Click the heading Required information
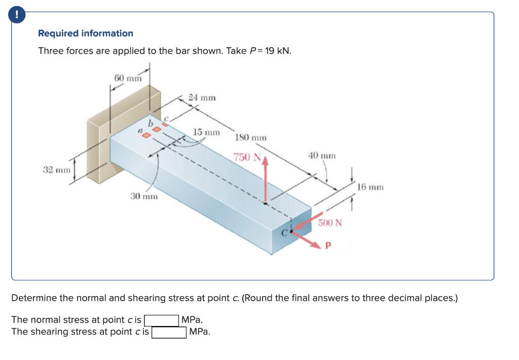pos(86,33)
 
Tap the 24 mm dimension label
pos(202,97)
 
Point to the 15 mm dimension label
pos(207,132)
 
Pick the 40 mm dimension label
pos(321,156)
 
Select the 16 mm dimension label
pos(370,187)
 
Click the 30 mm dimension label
pos(143,196)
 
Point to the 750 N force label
pos(246,157)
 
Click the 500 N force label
pos(330,223)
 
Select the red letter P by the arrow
pos(328,246)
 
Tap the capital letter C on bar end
pos(285,234)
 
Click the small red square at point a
pos(146,136)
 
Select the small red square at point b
pos(157,130)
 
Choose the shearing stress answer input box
pos(169,332)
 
